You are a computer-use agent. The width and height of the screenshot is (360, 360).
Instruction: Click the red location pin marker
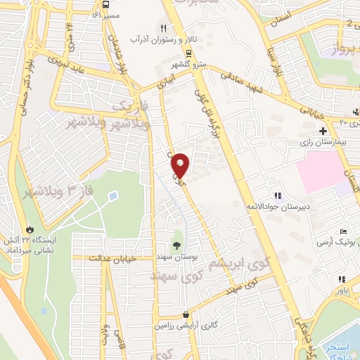click(x=181, y=165)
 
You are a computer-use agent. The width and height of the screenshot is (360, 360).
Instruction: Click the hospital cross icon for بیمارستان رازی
click(x=323, y=131)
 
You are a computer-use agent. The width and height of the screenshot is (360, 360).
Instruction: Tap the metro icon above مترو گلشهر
click(x=188, y=53)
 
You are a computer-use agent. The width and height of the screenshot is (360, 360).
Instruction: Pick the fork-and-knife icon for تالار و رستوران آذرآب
click(x=163, y=28)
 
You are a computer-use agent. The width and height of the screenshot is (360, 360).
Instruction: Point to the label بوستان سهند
click(x=176, y=258)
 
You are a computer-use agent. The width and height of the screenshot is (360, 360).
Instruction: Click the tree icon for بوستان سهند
click(x=176, y=245)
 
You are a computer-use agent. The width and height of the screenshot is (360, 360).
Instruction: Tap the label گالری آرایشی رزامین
click(x=185, y=327)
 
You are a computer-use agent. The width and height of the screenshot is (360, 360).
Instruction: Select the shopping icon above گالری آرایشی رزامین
click(x=185, y=316)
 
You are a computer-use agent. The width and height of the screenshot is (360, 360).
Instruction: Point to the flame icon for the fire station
click(x=30, y=230)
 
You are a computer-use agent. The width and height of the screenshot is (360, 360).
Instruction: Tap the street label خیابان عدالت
click(x=112, y=259)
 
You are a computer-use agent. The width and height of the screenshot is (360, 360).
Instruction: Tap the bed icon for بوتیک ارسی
click(x=343, y=231)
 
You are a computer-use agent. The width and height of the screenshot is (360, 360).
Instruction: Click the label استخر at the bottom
click(x=339, y=347)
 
